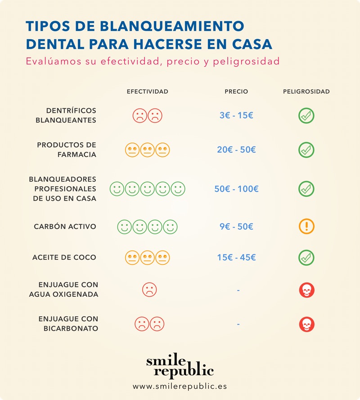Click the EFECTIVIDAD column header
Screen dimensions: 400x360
tap(147, 91)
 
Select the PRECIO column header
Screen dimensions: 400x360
tap(236, 91)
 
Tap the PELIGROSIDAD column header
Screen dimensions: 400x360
tap(306, 91)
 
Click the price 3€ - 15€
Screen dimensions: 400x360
tap(236, 115)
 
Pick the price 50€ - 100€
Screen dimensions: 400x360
tap(236, 189)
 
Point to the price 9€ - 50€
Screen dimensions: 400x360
tap(236, 227)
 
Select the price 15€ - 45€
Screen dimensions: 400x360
tap(236, 258)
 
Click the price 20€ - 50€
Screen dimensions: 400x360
tap(236, 150)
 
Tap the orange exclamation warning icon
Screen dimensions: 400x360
tap(306, 227)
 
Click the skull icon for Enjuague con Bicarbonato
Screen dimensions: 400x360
tap(306, 324)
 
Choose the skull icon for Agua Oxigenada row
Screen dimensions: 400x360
tap(306, 290)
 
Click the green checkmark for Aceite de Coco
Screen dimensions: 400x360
tap(306, 258)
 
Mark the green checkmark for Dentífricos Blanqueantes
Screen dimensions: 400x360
tap(306, 116)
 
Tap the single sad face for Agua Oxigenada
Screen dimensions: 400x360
tap(149, 289)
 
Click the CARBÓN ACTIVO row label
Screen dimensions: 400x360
tap(65, 227)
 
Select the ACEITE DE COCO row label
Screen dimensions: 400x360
tap(64, 258)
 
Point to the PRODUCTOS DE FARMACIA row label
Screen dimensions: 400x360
tap(67, 150)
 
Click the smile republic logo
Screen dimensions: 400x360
tap(180, 365)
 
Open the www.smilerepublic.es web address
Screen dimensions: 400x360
tap(180, 386)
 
